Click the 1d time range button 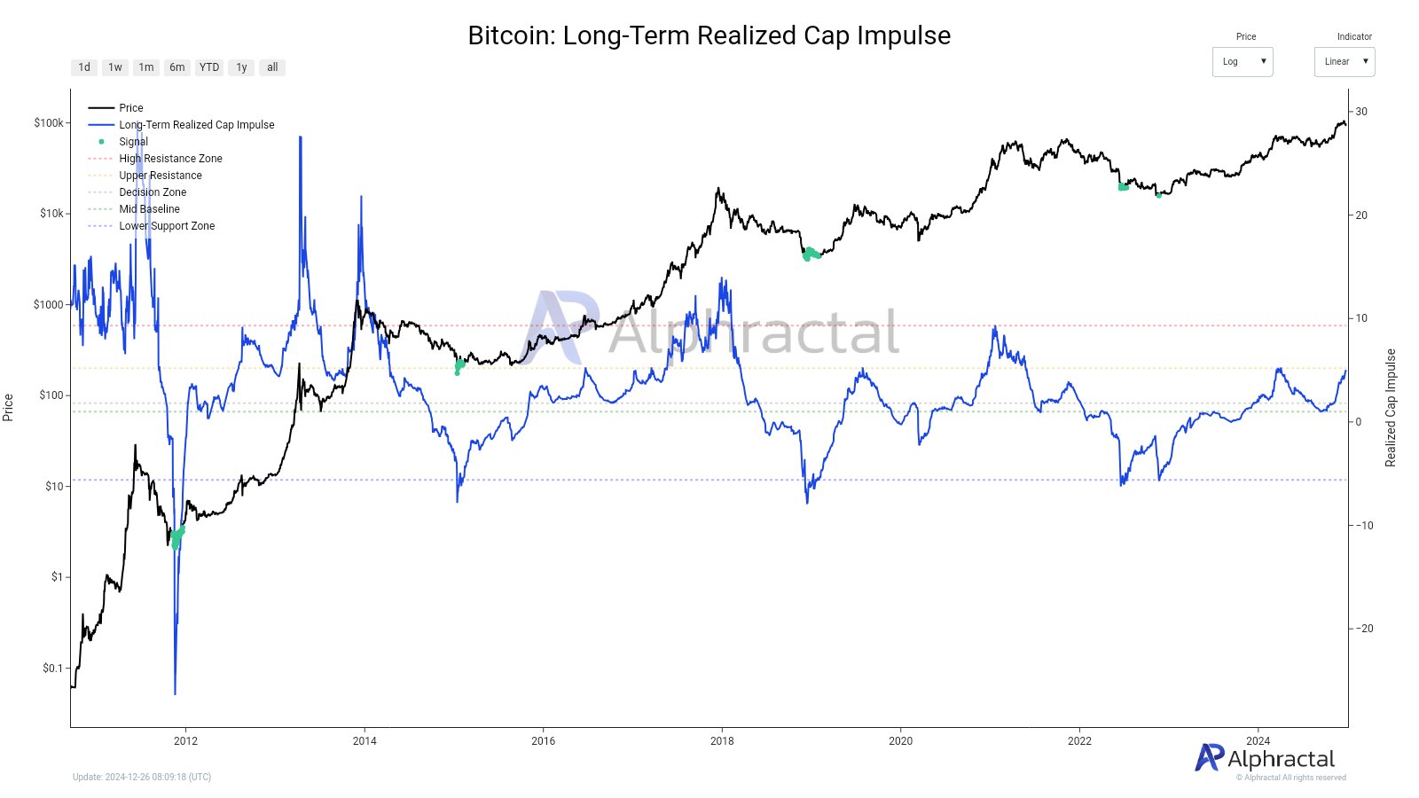pos(84,67)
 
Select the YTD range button pos(209,67)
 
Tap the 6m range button pos(177,67)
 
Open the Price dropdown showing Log pos(1242,62)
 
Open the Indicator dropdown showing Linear pos(1344,62)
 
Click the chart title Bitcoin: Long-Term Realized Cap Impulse pos(709,35)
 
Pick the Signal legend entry pos(133,142)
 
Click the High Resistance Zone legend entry pos(170,159)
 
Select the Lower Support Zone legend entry pos(167,226)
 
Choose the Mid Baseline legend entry pos(149,209)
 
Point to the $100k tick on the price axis pos(48,123)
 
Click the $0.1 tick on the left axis pos(53,669)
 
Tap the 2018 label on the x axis pos(722,741)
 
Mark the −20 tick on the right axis pos(1363,629)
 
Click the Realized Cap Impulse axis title pos(1391,408)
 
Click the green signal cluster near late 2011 pos(177,537)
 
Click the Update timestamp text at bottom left pos(142,778)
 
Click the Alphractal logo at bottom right pos(1265,758)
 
